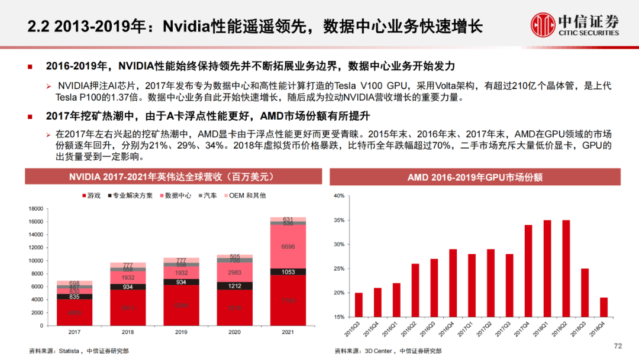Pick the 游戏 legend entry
click(x=91, y=195)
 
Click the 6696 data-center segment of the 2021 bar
click(x=288, y=246)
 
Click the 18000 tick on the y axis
click(x=35, y=208)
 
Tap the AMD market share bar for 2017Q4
click(x=528, y=271)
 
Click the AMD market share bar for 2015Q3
click(x=359, y=304)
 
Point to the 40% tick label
click(x=338, y=196)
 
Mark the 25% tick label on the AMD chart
click(x=338, y=269)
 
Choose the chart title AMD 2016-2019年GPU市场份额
click(x=475, y=177)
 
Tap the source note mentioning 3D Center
click(x=388, y=351)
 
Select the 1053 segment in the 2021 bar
click(x=288, y=272)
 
